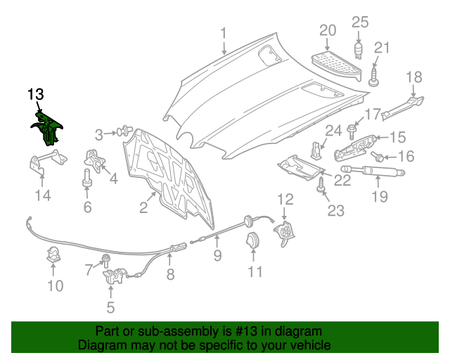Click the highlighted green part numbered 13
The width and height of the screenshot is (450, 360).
pos(49,127)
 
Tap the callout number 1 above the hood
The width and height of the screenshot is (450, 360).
pos(224,33)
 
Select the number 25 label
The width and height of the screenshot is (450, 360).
pos(360,22)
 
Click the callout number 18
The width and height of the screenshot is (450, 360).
pos(414,77)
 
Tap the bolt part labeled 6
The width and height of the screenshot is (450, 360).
pos(88,176)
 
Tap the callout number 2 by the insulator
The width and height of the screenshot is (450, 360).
pos(143,207)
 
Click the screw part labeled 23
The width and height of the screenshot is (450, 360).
pos(323,184)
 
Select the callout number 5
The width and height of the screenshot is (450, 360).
pos(110,307)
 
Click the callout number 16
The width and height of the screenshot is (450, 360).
pos(407,156)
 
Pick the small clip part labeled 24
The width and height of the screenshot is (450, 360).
pos(316,150)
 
